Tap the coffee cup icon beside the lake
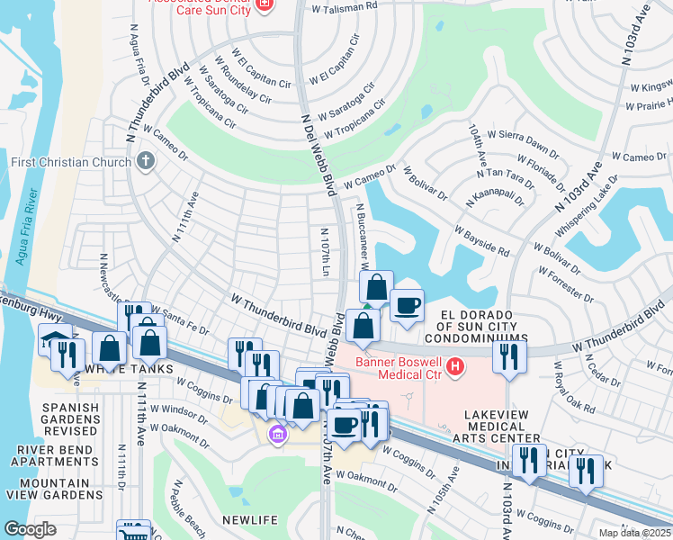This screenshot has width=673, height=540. pyautogui.click(x=407, y=305)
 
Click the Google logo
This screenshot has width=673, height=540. pyautogui.click(x=29, y=529)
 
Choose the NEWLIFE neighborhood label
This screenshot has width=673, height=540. pyautogui.click(x=248, y=519)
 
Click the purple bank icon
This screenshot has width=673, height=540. pyautogui.click(x=277, y=436)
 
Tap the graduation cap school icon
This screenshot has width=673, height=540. pyautogui.click(x=54, y=339)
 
